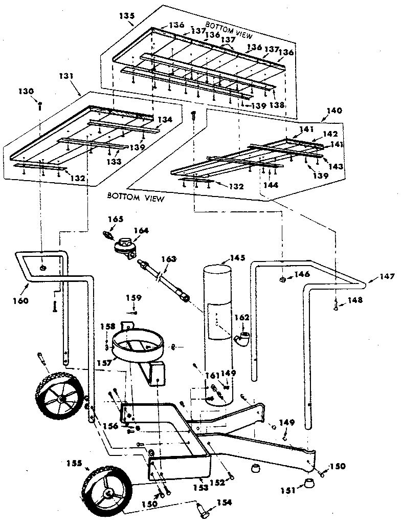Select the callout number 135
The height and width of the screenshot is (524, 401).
pos(126,16)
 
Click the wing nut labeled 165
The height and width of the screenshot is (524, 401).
pos(106,235)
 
